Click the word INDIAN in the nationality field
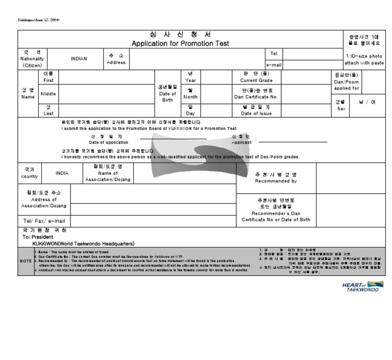pyautogui.click(x=79, y=58)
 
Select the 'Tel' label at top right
pyautogui.click(x=273, y=53)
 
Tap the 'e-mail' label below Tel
pyautogui.click(x=274, y=65)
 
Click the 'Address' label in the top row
pyautogui.click(x=115, y=62)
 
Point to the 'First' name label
pyautogui.click(x=48, y=80)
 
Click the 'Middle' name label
pyautogui.click(x=49, y=94)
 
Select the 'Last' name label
pyautogui.click(x=48, y=113)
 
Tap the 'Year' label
pyautogui.click(x=190, y=80)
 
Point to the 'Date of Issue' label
pyautogui.click(x=256, y=113)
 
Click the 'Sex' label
pyautogui.click(x=340, y=109)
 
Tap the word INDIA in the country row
pyautogui.click(x=62, y=173)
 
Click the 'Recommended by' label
pyautogui.click(x=276, y=181)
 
